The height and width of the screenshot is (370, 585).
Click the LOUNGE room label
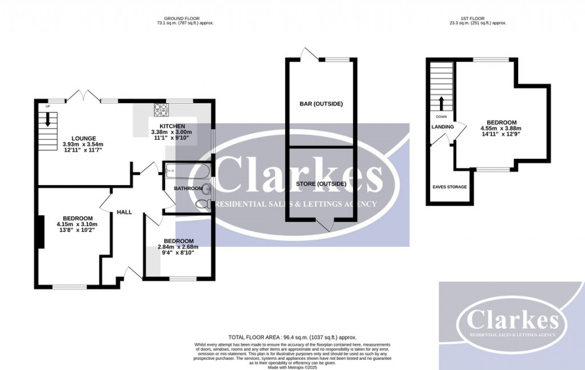83,138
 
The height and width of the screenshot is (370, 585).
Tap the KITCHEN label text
172,126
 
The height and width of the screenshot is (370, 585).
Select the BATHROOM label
188,188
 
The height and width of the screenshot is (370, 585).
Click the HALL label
125,212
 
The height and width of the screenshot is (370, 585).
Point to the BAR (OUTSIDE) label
321,104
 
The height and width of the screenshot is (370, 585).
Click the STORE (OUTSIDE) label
321,184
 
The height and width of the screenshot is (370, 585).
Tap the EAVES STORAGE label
449,187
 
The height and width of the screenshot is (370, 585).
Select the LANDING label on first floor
443,127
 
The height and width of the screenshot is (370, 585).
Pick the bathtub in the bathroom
187,170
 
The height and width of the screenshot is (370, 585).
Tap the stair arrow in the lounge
48,119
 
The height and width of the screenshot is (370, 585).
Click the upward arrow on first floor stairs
441,103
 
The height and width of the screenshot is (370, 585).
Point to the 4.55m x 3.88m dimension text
502,129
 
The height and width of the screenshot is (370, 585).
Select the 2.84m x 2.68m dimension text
178,247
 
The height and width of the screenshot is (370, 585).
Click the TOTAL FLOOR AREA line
292,337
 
